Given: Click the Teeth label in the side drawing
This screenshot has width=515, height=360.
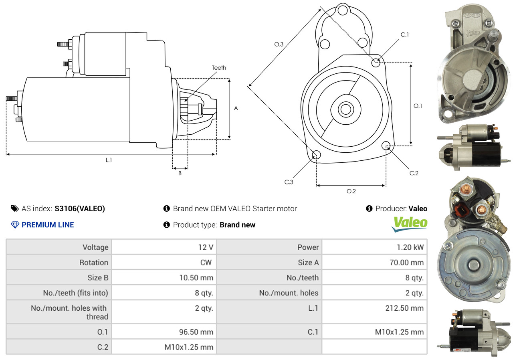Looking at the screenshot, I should coord(219,68).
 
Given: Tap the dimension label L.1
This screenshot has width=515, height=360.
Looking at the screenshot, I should coord(109,160).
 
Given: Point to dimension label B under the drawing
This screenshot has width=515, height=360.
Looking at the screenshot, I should coord(180,174).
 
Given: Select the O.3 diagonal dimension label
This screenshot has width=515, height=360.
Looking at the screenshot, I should coord(279,44).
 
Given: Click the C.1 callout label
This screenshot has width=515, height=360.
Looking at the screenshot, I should coord(405,35).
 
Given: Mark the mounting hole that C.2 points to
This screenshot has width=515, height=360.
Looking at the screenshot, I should coord(386,145).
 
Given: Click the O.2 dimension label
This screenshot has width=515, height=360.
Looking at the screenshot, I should coord(351,191).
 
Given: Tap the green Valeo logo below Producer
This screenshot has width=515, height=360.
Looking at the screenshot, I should coord(410,224).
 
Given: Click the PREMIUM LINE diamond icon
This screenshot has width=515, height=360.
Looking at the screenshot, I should coord(15,225).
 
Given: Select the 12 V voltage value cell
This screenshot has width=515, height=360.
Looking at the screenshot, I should coord(205,247).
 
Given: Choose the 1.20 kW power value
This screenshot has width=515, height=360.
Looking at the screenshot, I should coord(410,247).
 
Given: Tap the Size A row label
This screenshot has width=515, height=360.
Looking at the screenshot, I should coord(308,263).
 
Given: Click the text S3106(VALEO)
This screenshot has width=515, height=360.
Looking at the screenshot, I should coord(80,208).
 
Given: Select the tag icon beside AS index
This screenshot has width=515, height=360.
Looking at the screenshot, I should coord(14,208).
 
